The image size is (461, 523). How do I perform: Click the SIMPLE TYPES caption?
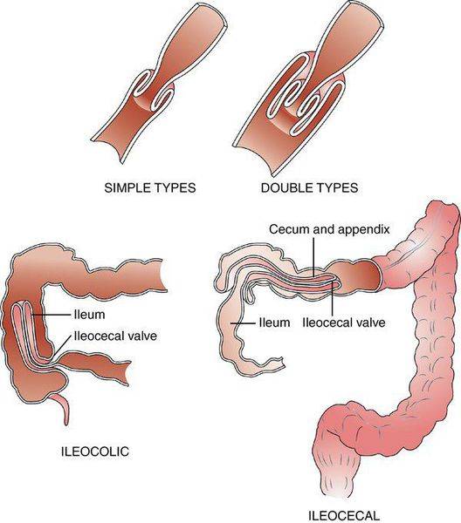tap(150, 187)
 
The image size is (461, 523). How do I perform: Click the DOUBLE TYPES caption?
tap(309, 187)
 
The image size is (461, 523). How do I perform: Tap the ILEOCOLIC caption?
tap(95, 452)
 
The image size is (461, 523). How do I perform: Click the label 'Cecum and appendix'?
tap(329, 229)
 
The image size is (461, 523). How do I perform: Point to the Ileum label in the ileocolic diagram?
tap(89, 314)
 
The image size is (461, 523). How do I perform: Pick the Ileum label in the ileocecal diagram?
tap(275, 323)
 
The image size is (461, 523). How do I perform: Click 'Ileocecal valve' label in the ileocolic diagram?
tap(115, 336)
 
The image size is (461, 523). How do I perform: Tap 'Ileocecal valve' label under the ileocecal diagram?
tap(344, 323)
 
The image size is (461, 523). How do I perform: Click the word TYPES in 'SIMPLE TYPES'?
tap(175, 187)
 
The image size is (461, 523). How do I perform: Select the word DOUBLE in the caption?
tap(283, 187)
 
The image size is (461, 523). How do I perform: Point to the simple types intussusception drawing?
tap(160, 84)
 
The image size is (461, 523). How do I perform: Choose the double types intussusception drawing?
tap(309, 88)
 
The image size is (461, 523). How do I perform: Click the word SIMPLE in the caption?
tap(127, 187)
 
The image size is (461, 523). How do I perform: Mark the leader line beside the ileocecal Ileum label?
tap(244, 323)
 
